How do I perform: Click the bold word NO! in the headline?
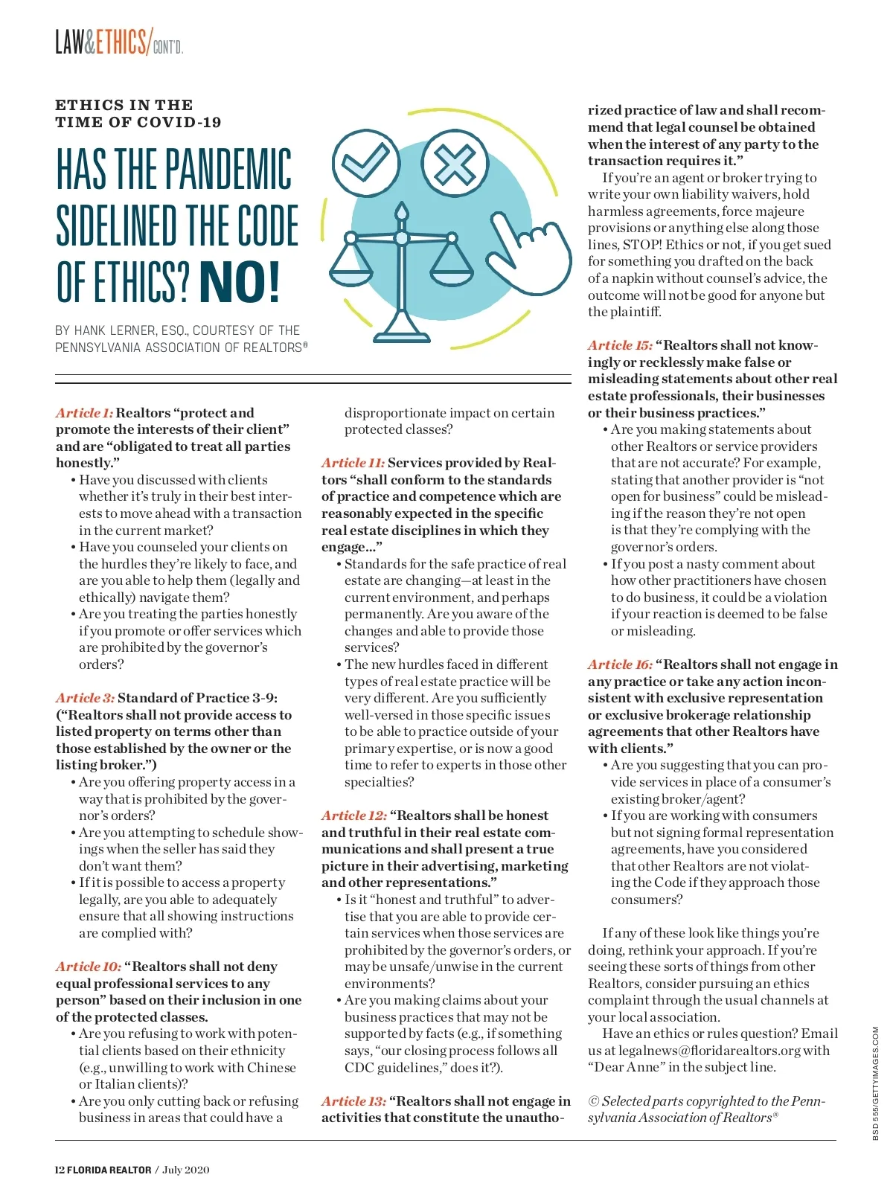click(240, 283)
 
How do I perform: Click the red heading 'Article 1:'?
click(84, 413)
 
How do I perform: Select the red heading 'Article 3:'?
click(85, 698)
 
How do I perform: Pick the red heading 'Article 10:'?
click(88, 967)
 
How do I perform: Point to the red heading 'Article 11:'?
click(353, 463)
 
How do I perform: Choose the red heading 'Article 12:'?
click(353, 816)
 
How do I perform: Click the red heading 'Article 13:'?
click(353, 1101)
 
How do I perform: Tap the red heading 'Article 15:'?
click(620, 345)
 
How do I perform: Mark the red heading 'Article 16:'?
click(620, 664)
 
